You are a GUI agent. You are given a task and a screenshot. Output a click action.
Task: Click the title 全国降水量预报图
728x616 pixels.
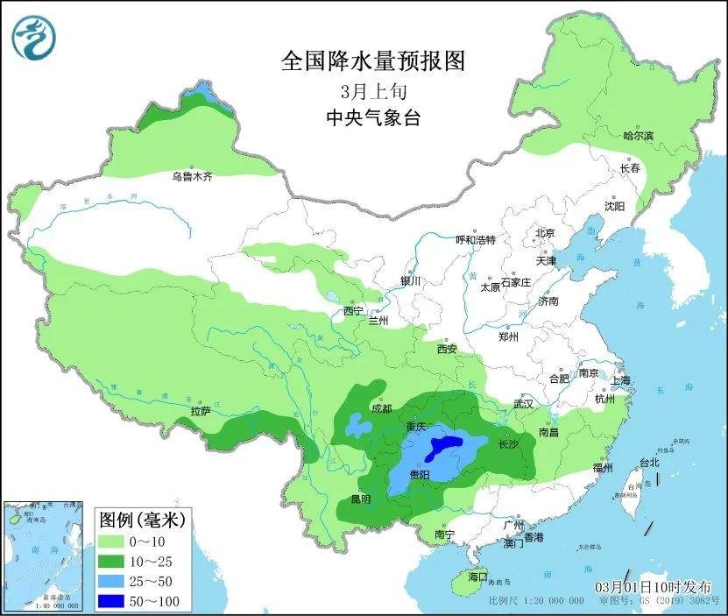pyautogui.click(x=372, y=61)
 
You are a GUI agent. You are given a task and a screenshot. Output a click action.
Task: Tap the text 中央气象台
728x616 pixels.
pyautogui.click(x=372, y=117)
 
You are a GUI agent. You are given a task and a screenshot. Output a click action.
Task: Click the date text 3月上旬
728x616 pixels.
pyautogui.click(x=372, y=90)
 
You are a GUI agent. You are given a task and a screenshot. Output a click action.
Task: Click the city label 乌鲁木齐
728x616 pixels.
pyautogui.click(x=192, y=177)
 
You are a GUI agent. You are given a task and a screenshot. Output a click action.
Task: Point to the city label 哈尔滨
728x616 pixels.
pyautogui.click(x=638, y=136)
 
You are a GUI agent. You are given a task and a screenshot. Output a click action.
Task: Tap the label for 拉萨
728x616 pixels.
pyautogui.click(x=200, y=411)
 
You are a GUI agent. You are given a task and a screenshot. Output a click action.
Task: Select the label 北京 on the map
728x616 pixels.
pyautogui.click(x=545, y=233)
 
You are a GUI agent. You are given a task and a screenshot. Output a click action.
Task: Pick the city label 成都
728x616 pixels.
pyautogui.click(x=381, y=408)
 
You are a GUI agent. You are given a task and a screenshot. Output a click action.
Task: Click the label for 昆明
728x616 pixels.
pyautogui.click(x=360, y=499)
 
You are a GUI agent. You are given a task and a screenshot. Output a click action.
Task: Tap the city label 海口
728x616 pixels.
pyautogui.click(x=477, y=577)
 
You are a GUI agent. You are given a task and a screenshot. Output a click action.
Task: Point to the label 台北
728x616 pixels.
pyautogui.click(x=648, y=462)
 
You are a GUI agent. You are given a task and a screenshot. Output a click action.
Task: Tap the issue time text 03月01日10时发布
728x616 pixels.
pyautogui.click(x=654, y=587)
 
